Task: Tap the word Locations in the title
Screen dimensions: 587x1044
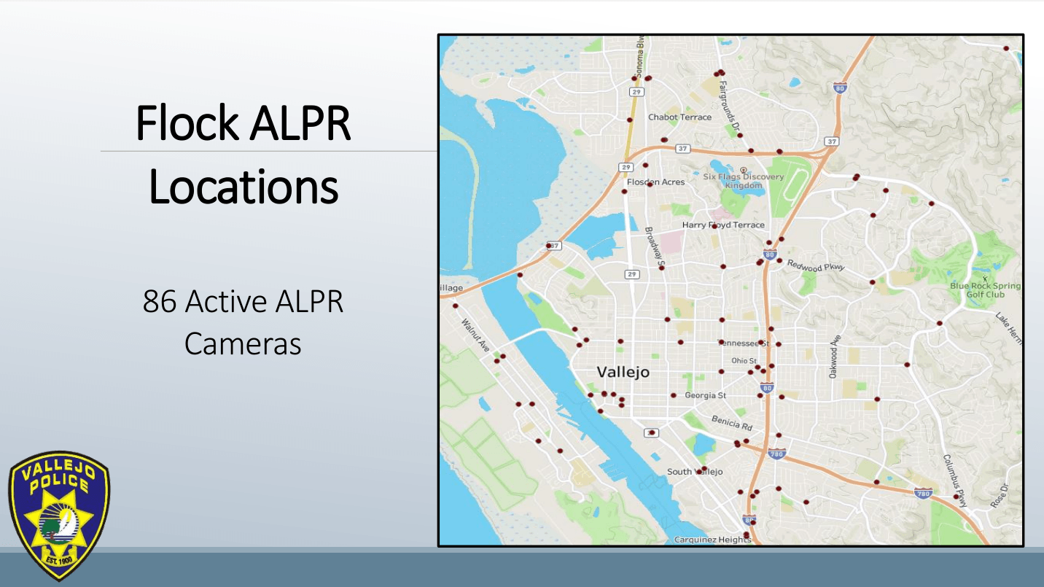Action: point(244,187)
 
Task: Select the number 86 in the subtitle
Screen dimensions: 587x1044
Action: point(160,301)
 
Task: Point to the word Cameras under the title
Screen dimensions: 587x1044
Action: point(243,343)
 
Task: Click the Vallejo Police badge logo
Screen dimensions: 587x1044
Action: point(58,515)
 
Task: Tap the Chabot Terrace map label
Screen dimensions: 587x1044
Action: point(679,117)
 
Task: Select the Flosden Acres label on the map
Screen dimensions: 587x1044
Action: point(656,182)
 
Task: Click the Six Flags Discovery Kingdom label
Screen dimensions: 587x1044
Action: point(743,181)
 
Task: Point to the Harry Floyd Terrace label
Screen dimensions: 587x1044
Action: point(723,225)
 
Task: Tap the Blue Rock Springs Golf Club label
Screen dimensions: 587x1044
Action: point(985,290)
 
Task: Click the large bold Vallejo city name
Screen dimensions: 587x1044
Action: point(623,372)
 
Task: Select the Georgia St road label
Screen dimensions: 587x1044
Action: point(705,395)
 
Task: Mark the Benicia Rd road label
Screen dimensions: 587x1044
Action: point(731,422)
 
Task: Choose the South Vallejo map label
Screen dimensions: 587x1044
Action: point(695,472)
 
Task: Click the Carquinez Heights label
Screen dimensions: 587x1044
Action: point(712,540)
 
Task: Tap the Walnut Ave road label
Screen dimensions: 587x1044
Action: point(476,335)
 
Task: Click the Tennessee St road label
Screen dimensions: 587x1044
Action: point(745,343)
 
